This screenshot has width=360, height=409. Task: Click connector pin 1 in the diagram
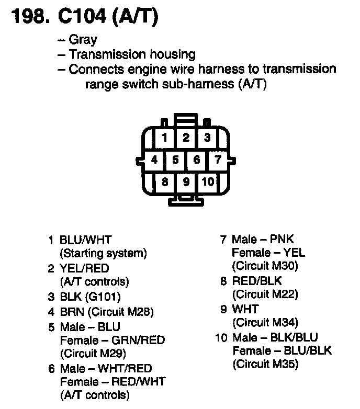(x=165, y=138)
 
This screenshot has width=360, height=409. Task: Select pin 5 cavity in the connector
(x=175, y=160)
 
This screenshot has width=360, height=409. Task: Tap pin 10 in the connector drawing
(x=208, y=181)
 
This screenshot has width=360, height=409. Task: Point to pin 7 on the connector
(x=218, y=159)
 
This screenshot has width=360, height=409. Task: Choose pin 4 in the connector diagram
(x=154, y=160)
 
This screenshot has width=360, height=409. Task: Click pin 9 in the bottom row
(x=186, y=181)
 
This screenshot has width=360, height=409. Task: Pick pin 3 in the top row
(x=207, y=138)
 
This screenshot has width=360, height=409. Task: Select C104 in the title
(x=77, y=17)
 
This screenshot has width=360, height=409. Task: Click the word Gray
(x=83, y=40)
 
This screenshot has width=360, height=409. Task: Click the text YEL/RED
(x=85, y=269)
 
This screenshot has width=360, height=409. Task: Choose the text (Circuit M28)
(x=120, y=312)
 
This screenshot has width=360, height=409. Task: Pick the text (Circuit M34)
(x=265, y=323)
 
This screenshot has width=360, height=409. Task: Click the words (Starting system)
(x=104, y=254)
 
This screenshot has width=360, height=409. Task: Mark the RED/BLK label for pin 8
(x=257, y=281)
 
